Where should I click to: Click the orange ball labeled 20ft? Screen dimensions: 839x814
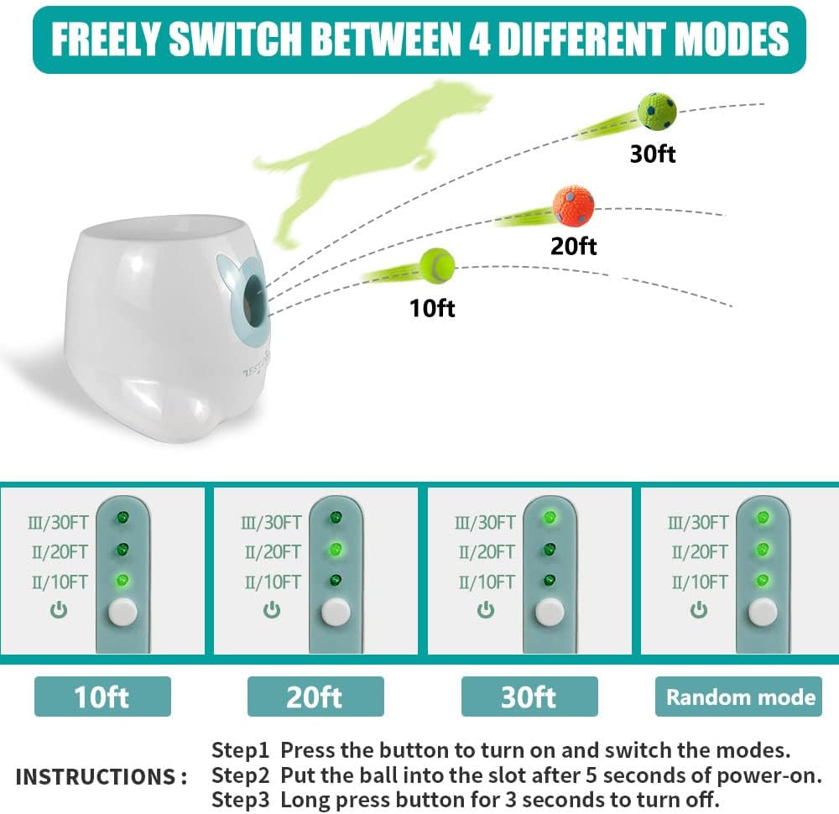click(x=573, y=206)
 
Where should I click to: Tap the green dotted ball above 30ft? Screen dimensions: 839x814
click(x=657, y=112)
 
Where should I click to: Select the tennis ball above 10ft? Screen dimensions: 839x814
click(x=437, y=265)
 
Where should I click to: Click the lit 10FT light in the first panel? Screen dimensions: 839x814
click(x=122, y=580)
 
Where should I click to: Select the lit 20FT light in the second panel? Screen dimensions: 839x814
click(x=336, y=549)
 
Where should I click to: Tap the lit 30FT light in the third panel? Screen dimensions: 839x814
click(x=550, y=518)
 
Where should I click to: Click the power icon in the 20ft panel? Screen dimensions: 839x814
click(x=272, y=609)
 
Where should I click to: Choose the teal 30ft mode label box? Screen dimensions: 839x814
click(x=529, y=697)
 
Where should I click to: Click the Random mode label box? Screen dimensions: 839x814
click(x=738, y=697)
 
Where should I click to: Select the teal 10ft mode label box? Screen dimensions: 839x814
click(x=102, y=697)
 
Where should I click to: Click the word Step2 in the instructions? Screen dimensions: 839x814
click(x=240, y=775)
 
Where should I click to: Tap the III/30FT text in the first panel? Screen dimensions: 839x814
click(x=58, y=522)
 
